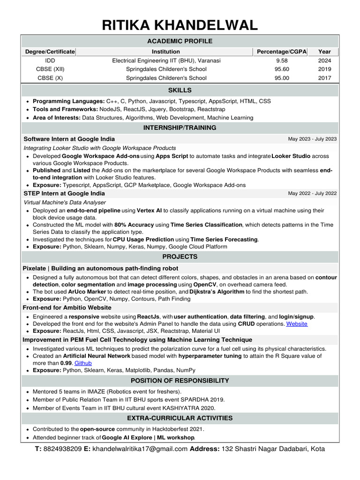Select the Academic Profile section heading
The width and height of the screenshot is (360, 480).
point(180,41)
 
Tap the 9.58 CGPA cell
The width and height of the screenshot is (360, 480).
point(282,60)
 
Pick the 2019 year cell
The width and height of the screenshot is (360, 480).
point(324,69)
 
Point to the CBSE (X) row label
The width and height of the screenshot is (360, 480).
point(50,78)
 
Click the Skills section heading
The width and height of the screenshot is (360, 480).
point(180,90)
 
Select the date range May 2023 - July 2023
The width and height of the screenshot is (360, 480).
point(312,139)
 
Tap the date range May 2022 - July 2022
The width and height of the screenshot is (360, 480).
point(312,194)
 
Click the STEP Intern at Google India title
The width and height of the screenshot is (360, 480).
point(64,194)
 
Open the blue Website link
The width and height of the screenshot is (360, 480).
point(297,324)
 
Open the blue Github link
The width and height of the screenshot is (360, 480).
point(83,363)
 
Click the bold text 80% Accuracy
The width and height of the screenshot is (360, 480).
point(134,225)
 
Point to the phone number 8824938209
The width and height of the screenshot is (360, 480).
point(62,449)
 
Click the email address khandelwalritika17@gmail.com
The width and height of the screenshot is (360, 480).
point(140,449)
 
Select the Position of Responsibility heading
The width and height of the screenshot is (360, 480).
point(180,381)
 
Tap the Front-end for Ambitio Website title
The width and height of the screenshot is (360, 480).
point(67,307)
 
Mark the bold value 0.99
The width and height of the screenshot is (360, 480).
point(66,363)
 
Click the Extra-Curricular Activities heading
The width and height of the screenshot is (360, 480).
point(180,418)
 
